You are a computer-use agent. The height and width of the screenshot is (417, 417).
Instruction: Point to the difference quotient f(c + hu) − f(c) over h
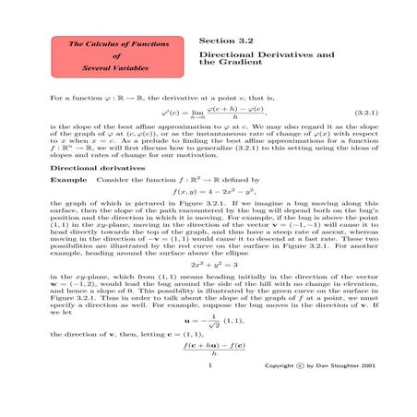[208, 372]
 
